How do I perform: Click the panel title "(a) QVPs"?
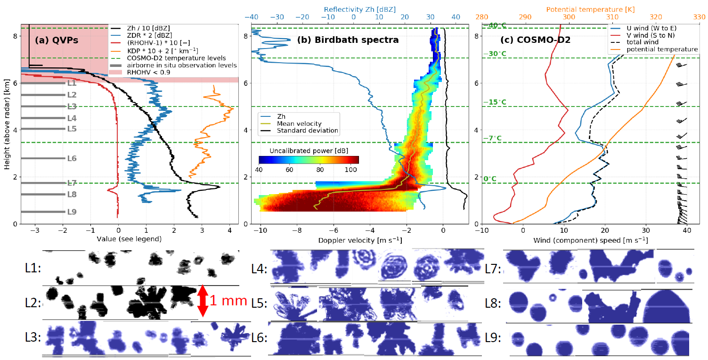click(57, 41)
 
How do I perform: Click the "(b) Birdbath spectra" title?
click(348, 40)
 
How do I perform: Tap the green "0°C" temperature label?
click(490, 179)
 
